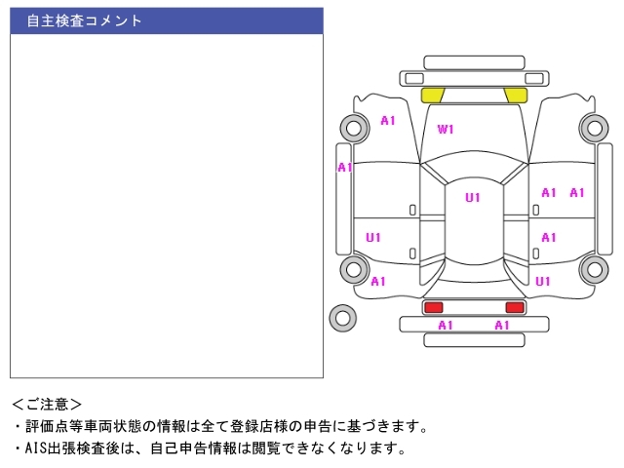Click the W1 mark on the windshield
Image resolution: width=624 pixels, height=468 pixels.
pos(446,129)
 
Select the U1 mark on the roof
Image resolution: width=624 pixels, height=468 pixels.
pos(473,198)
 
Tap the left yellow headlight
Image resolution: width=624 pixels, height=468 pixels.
pos(433,95)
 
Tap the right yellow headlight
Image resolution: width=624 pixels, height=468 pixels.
pos(515,95)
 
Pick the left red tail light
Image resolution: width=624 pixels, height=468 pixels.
pos(433,307)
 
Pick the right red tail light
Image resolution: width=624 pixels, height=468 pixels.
pos(515,307)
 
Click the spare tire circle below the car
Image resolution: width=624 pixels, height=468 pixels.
pos(343,317)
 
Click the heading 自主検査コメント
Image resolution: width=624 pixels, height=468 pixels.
pos(84,20)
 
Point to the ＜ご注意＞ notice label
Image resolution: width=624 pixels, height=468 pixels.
pos(47,404)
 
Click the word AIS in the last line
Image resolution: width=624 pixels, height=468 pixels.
pos(35,448)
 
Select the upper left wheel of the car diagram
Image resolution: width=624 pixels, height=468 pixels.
pos(353,127)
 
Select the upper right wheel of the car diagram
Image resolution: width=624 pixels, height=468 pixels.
pos(593,127)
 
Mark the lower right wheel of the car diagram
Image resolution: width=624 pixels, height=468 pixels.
pos(593,270)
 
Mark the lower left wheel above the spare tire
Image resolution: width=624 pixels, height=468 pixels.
pos(353,270)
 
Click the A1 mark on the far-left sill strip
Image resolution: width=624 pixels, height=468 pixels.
pos(344,168)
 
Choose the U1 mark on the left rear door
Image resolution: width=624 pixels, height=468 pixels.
pos(373,237)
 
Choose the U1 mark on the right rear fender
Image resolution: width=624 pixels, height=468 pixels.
pos(543,281)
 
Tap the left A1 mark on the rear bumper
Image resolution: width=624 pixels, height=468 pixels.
pos(446,326)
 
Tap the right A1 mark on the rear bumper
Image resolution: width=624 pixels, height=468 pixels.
pos(502,326)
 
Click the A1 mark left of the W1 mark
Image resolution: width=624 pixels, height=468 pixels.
pos(388,121)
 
